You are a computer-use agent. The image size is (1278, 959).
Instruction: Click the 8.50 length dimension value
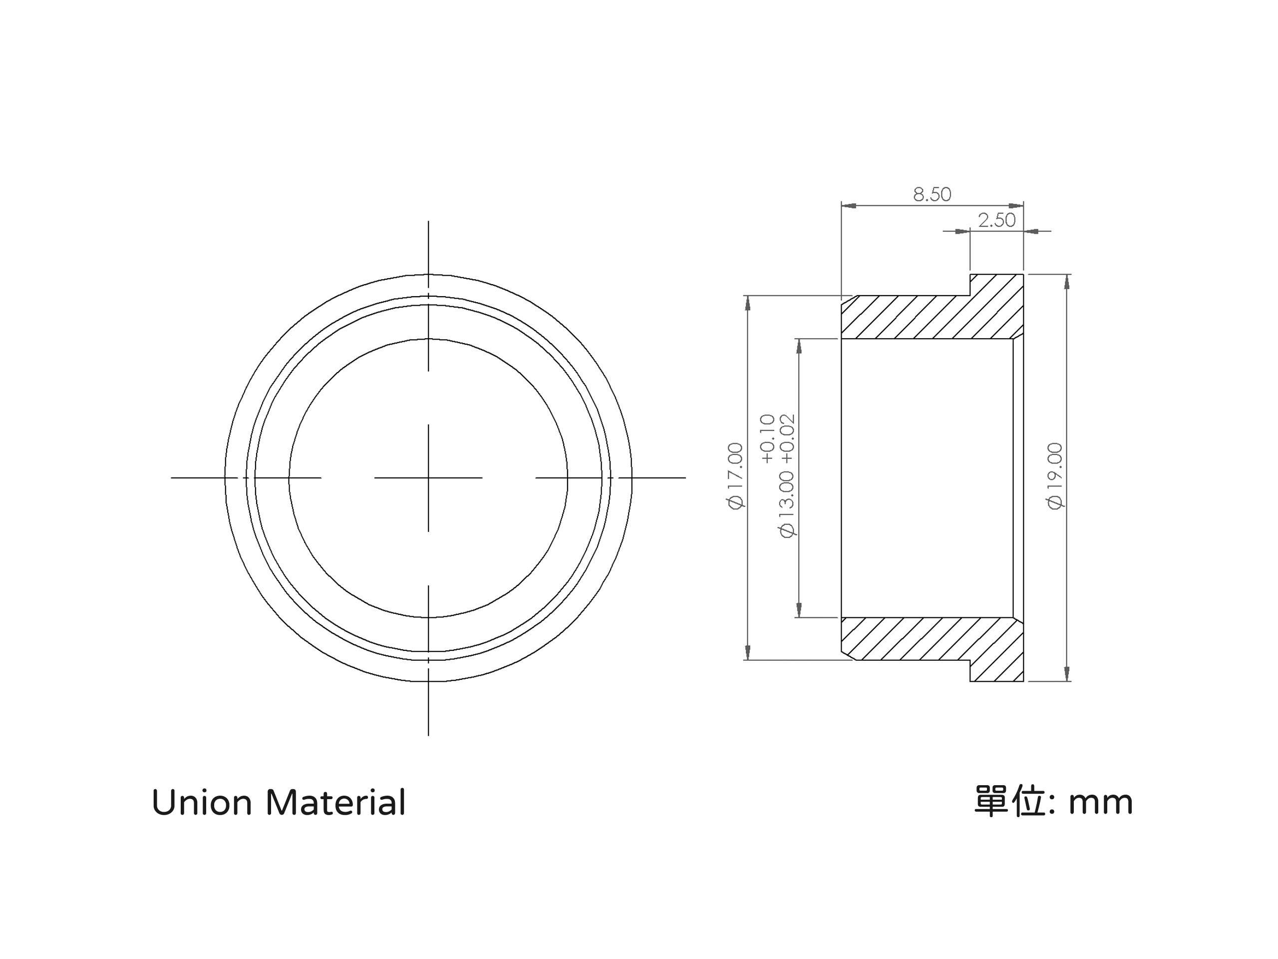(x=932, y=194)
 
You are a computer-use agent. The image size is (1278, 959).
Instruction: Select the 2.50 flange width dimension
(x=996, y=220)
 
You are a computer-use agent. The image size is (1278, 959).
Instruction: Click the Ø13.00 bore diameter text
(x=787, y=504)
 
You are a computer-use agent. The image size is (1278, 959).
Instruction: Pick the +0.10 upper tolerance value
(x=767, y=439)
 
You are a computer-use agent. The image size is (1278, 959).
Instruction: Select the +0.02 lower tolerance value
(x=787, y=439)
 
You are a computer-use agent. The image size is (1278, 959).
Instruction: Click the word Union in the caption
(x=202, y=804)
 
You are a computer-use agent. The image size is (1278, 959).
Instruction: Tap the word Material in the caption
(x=335, y=803)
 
